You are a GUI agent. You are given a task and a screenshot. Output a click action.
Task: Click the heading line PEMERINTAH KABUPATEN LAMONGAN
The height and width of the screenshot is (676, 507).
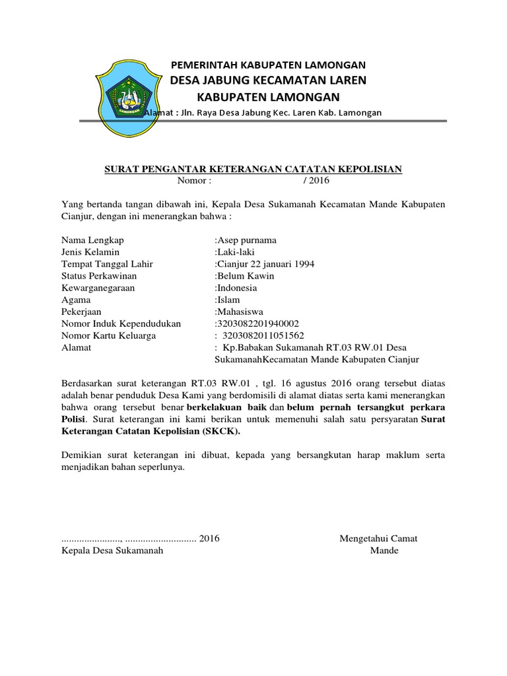point(268,65)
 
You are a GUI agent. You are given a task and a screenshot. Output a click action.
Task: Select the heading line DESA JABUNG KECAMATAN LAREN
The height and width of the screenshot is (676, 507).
point(268,81)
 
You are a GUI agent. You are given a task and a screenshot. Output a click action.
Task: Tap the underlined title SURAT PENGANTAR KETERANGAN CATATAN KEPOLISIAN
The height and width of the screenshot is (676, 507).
point(253,170)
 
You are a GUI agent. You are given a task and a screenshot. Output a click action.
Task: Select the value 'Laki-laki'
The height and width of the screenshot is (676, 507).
point(234,252)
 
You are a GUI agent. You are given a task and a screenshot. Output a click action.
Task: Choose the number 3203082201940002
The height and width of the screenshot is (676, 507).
point(257,323)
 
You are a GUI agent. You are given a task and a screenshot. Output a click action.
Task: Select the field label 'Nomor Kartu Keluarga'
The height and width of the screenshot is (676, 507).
point(108,335)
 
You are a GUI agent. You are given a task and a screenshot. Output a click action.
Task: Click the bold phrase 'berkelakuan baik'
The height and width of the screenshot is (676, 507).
point(226,409)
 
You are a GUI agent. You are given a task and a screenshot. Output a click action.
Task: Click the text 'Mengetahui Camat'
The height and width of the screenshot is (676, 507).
point(378,539)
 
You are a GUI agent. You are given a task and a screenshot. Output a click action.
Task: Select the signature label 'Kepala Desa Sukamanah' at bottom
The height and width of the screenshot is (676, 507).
point(112,551)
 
